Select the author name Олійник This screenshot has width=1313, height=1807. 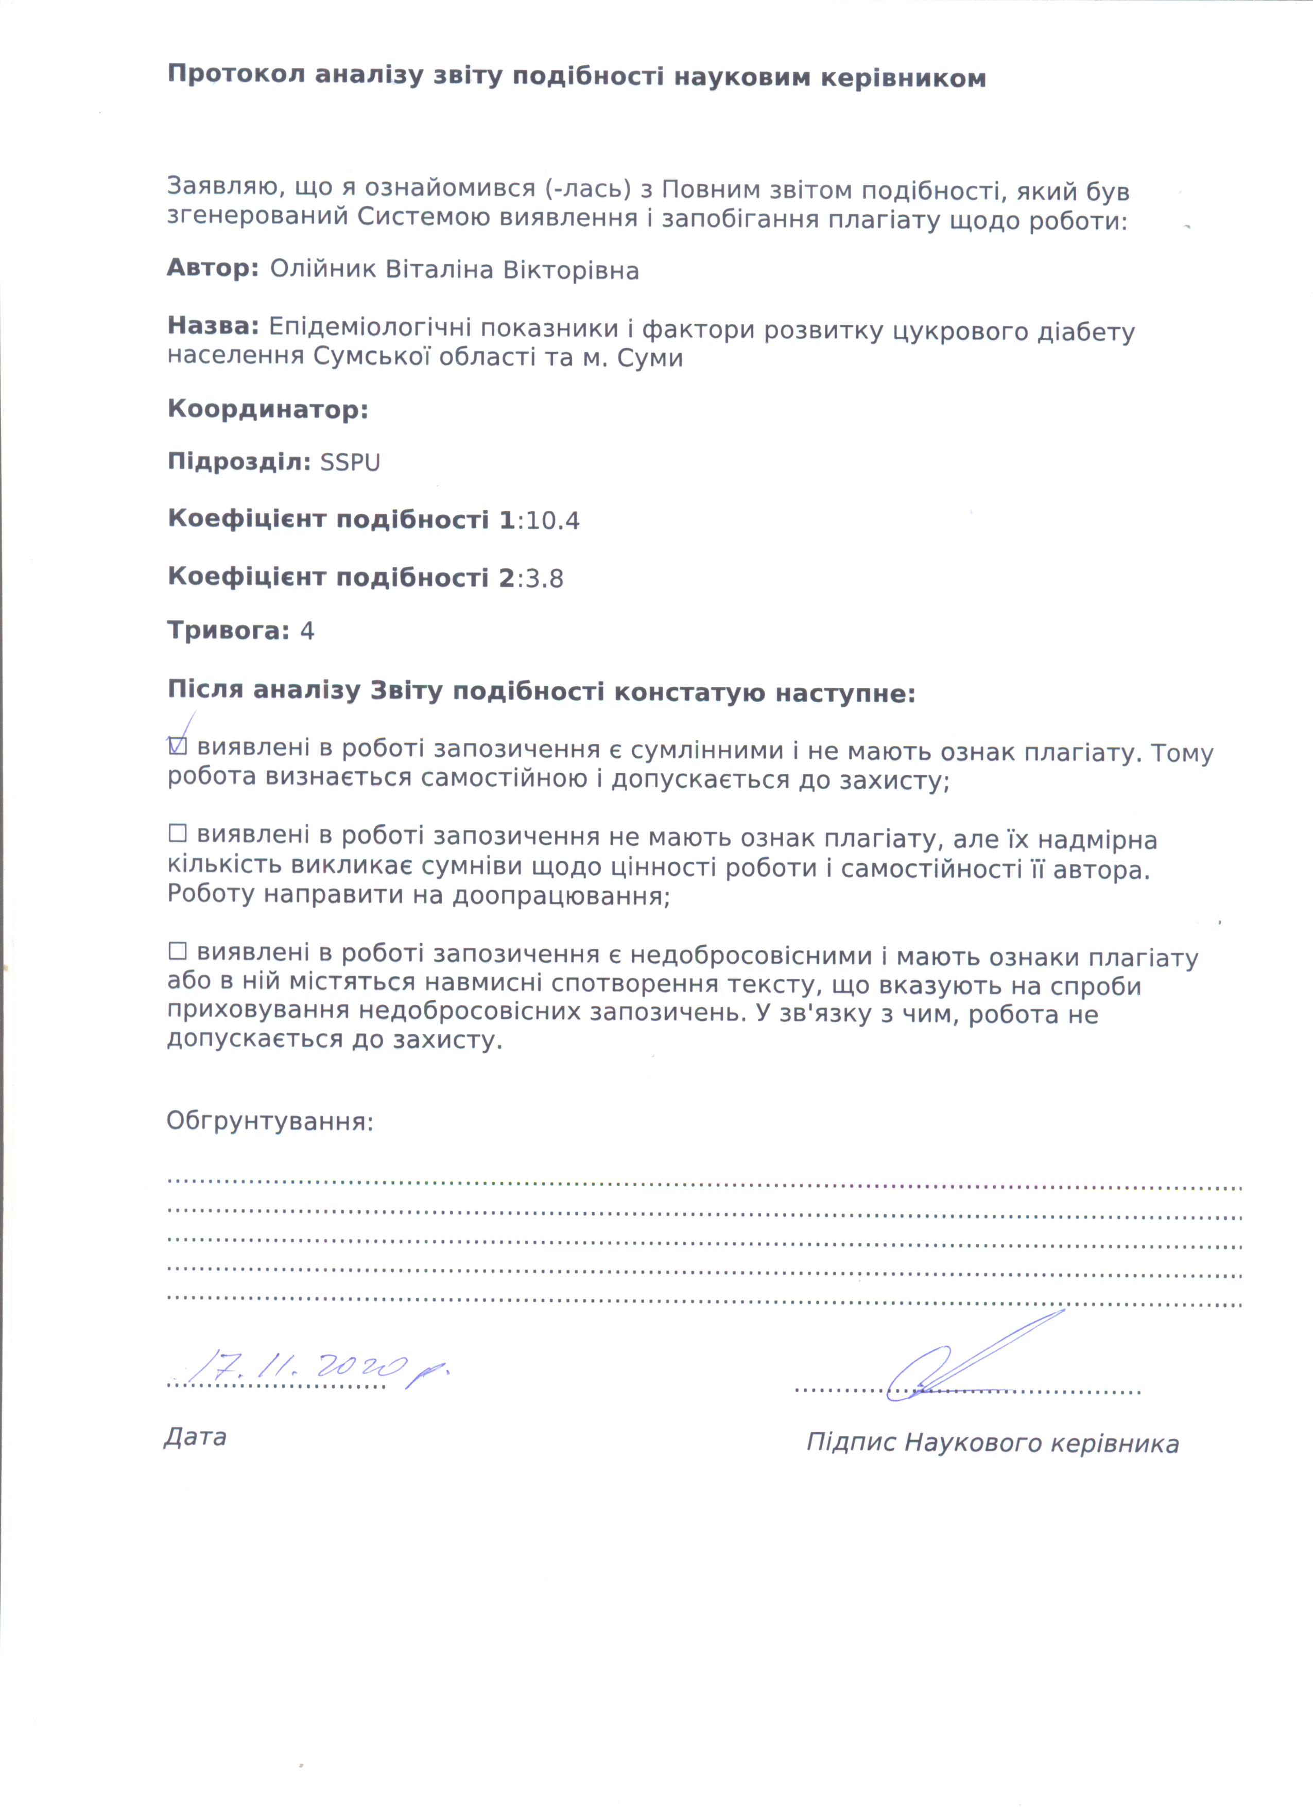pos(323,270)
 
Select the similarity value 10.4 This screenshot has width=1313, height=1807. pos(552,521)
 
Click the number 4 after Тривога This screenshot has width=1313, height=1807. pos(307,632)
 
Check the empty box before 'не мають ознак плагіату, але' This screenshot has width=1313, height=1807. pos(177,834)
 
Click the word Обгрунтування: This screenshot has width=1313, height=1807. pos(269,1122)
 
